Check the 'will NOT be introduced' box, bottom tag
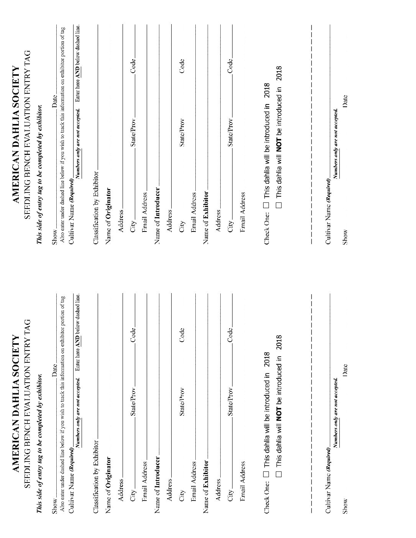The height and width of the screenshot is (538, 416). click(x=278, y=474)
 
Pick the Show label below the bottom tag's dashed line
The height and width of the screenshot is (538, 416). click(x=345, y=505)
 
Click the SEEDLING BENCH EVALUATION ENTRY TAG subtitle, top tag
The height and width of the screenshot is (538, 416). click(x=27, y=134)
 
